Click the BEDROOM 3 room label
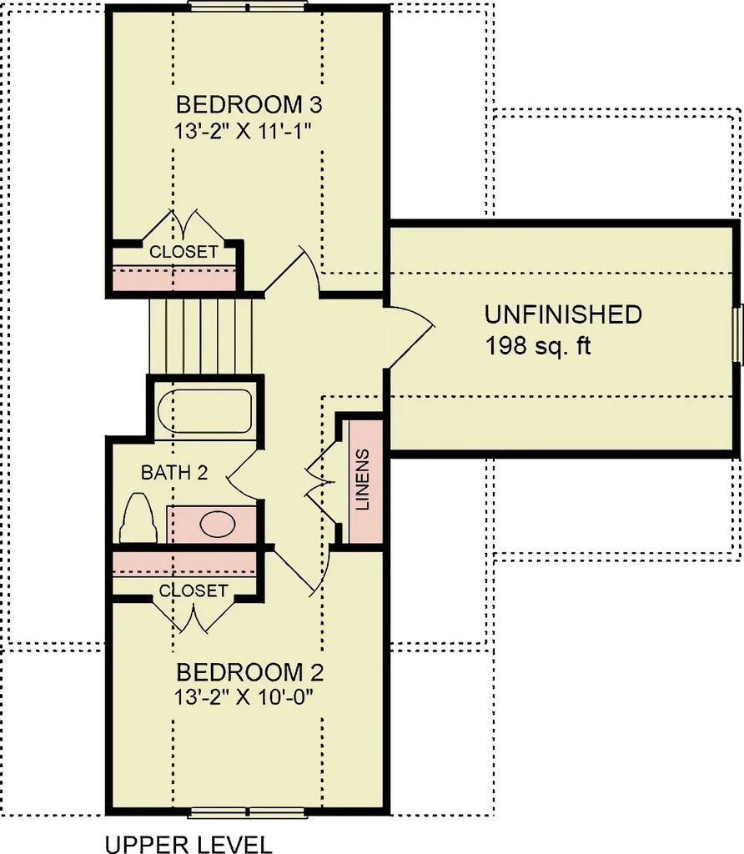pyautogui.click(x=249, y=105)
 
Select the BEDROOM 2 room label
pyautogui.click(x=249, y=672)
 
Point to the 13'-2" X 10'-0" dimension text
pyautogui.click(x=249, y=696)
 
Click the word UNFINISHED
pyautogui.click(x=563, y=314)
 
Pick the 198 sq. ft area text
pyautogui.click(x=537, y=345)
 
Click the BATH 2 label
pyautogui.click(x=173, y=473)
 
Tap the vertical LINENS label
pyautogui.click(x=362, y=480)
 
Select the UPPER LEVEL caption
pyautogui.click(x=189, y=843)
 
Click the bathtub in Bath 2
pyautogui.click(x=205, y=410)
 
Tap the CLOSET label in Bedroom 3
pyautogui.click(x=183, y=251)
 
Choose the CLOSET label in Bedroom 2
pyautogui.click(x=194, y=590)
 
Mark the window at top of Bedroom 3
pyautogui.click(x=248, y=5)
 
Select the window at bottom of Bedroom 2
pyautogui.click(x=248, y=812)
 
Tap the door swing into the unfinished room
pyautogui.click(x=410, y=334)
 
